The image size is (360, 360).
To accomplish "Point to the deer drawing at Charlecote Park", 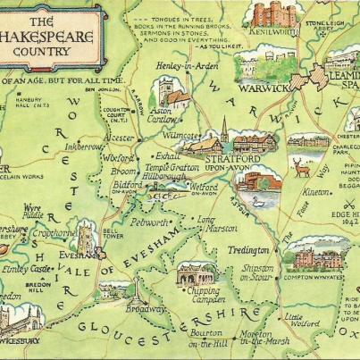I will point(301,168).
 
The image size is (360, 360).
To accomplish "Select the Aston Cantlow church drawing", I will point(167,91).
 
